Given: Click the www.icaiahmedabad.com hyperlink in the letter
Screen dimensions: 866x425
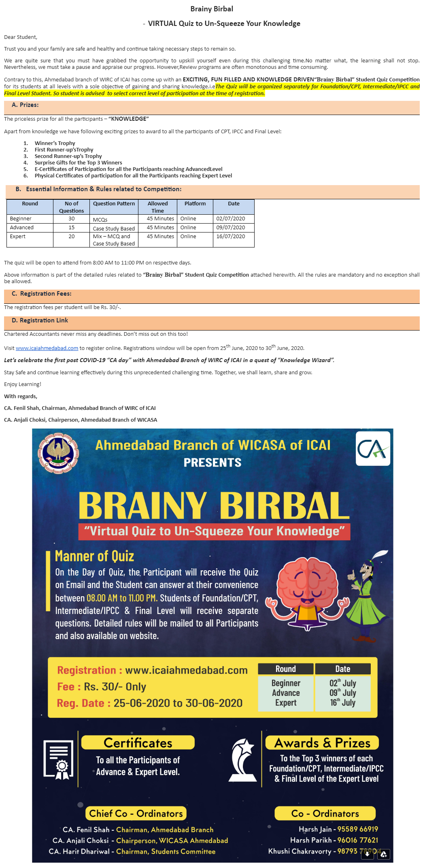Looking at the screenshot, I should click(47, 348).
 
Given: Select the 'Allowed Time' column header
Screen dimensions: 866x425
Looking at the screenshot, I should click(157, 207).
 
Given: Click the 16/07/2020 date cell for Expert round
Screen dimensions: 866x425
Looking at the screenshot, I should click(231, 237).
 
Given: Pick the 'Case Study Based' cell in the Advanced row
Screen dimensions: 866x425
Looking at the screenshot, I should click(114, 228).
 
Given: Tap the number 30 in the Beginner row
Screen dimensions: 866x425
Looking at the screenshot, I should click(72, 219).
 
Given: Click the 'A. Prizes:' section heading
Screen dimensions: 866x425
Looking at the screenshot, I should click(25, 105).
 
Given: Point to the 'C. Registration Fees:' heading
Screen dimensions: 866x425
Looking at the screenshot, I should click(42, 294).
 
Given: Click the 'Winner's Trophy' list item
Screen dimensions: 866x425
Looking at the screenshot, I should click(55, 143).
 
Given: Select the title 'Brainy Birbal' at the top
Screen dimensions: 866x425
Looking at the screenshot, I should click(212, 9).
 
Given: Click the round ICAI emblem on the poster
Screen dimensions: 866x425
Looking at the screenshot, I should click(58, 453).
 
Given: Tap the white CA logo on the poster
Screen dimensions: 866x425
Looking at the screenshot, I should click(373, 448).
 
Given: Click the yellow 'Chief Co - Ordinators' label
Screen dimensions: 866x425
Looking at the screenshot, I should click(136, 813).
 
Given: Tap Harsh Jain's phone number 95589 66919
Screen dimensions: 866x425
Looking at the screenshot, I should click(357, 829).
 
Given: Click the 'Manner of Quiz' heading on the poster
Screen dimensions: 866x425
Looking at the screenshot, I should click(94, 556).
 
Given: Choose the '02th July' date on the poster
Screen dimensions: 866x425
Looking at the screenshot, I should click(342, 683).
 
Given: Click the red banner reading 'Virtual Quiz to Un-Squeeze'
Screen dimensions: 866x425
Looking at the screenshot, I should click(214, 531).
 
